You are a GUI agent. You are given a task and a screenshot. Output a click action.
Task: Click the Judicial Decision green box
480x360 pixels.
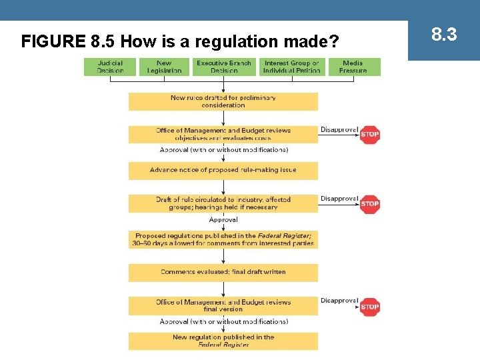(x=110, y=67)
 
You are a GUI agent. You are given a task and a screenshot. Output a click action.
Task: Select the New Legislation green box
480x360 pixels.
(x=164, y=67)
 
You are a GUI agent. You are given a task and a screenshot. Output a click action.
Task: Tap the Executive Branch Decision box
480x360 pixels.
(x=224, y=67)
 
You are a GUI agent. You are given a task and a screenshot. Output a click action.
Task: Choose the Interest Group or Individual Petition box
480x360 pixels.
(x=291, y=67)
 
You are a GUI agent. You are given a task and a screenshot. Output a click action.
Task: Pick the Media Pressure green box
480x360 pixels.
(x=353, y=67)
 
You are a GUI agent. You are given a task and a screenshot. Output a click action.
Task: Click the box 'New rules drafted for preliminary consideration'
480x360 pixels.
(x=223, y=101)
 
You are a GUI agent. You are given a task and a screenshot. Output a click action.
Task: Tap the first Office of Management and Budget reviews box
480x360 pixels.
(x=223, y=134)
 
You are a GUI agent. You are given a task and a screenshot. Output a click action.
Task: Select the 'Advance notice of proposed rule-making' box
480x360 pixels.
(x=223, y=170)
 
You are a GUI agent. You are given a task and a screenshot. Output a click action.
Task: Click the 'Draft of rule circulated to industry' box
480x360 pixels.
(x=223, y=203)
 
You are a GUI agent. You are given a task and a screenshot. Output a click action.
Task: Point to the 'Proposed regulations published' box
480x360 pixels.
(x=223, y=239)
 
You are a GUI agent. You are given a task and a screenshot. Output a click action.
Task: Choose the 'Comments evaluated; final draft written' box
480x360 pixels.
(x=223, y=272)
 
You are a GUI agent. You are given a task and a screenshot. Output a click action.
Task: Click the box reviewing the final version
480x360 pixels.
(x=223, y=305)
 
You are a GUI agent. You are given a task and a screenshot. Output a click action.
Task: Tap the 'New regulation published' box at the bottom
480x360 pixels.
(x=223, y=341)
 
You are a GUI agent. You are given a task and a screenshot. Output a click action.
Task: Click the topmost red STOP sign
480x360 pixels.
(x=369, y=134)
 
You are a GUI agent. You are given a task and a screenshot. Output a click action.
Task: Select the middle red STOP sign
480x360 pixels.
(x=369, y=204)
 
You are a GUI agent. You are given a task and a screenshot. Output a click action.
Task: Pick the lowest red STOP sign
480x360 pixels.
(x=369, y=307)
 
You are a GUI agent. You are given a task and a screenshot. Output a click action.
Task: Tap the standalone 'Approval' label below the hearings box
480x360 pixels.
(x=223, y=220)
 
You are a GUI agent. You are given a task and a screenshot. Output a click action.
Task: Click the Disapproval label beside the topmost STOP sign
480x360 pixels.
(x=339, y=129)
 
